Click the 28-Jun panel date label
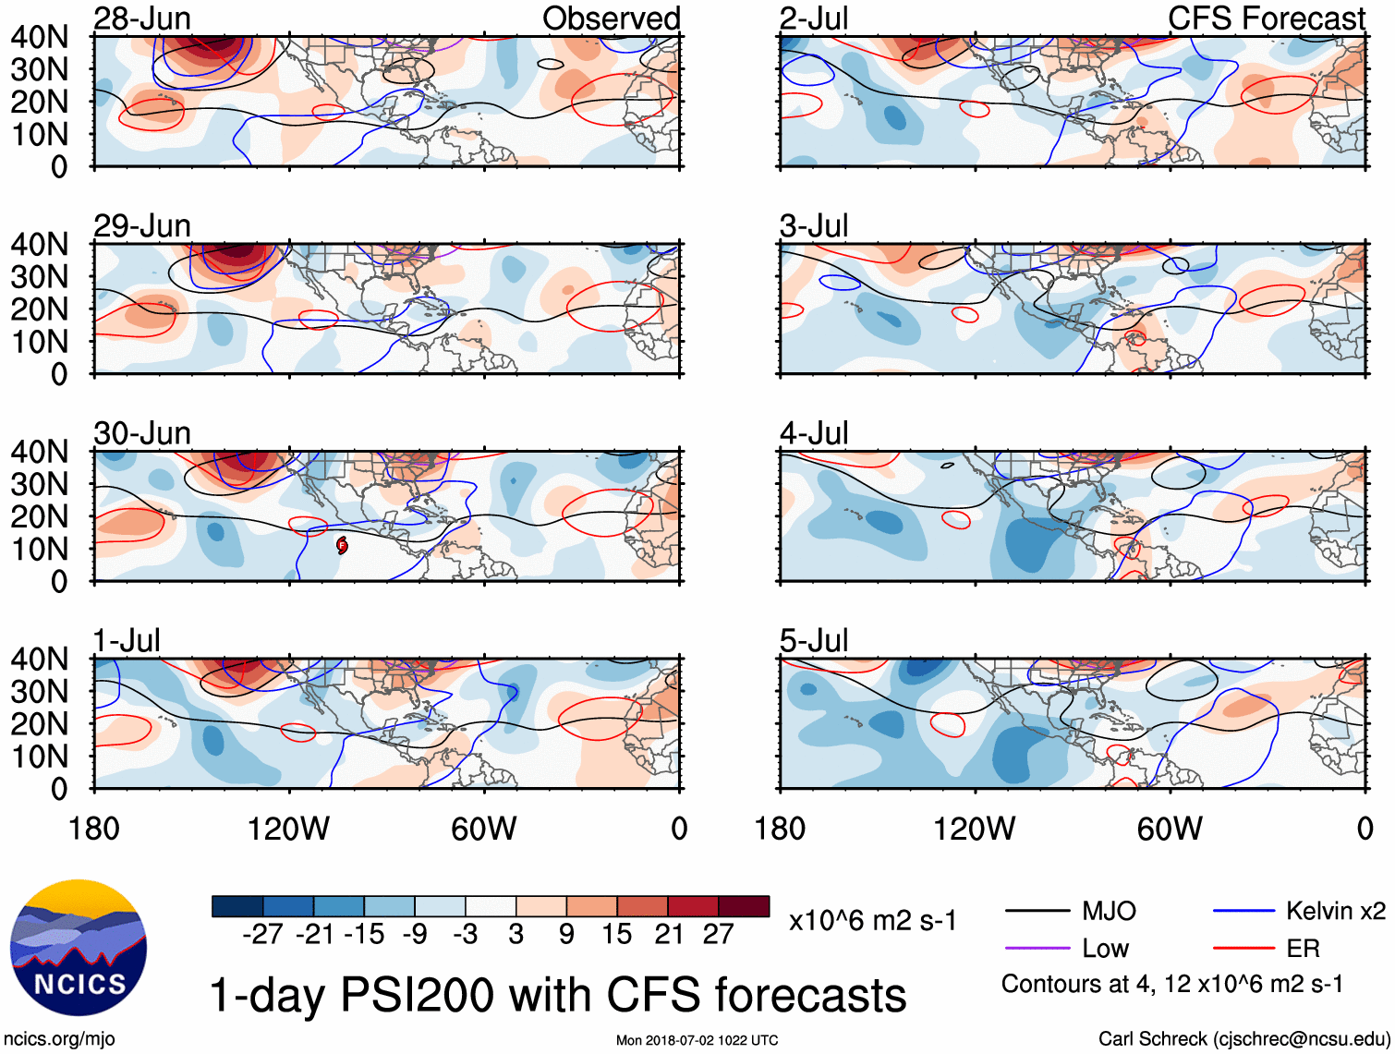pyautogui.click(x=142, y=18)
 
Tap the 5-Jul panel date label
pyautogui.click(x=814, y=640)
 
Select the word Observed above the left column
pyautogui.click(x=611, y=18)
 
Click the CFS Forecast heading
pyautogui.click(x=1266, y=18)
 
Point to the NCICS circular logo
pyautogui.click(x=79, y=948)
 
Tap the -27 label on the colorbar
pyautogui.click(x=262, y=935)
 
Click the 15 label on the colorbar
pyautogui.click(x=616, y=935)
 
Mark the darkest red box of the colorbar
pyautogui.click(x=744, y=906)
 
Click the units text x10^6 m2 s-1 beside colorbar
pyautogui.click(x=872, y=921)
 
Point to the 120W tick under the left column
pyautogui.click(x=288, y=829)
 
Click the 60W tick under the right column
pyautogui.click(x=1170, y=829)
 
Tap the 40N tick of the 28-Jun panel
pyautogui.click(x=39, y=37)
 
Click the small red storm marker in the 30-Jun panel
pyautogui.click(x=342, y=545)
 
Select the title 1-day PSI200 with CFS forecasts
pyautogui.click(x=558, y=996)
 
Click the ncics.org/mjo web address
pyautogui.click(x=59, y=1039)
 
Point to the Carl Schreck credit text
pyautogui.click(x=1243, y=1039)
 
